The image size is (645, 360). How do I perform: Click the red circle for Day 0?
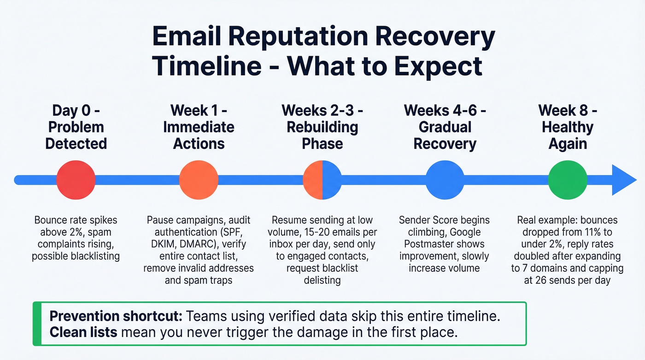76,180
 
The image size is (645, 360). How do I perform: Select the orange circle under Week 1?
199,180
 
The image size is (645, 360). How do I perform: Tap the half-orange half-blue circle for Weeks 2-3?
322,180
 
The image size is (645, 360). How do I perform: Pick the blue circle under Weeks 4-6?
445,180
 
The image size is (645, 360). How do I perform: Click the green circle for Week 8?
568,180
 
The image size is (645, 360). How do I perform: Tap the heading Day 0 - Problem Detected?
76,127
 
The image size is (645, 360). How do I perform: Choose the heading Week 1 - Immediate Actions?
199,127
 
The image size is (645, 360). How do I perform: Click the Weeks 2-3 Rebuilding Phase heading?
322,127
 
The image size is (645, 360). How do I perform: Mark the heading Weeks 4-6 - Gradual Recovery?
445,127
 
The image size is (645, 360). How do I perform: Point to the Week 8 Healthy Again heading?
568,127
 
